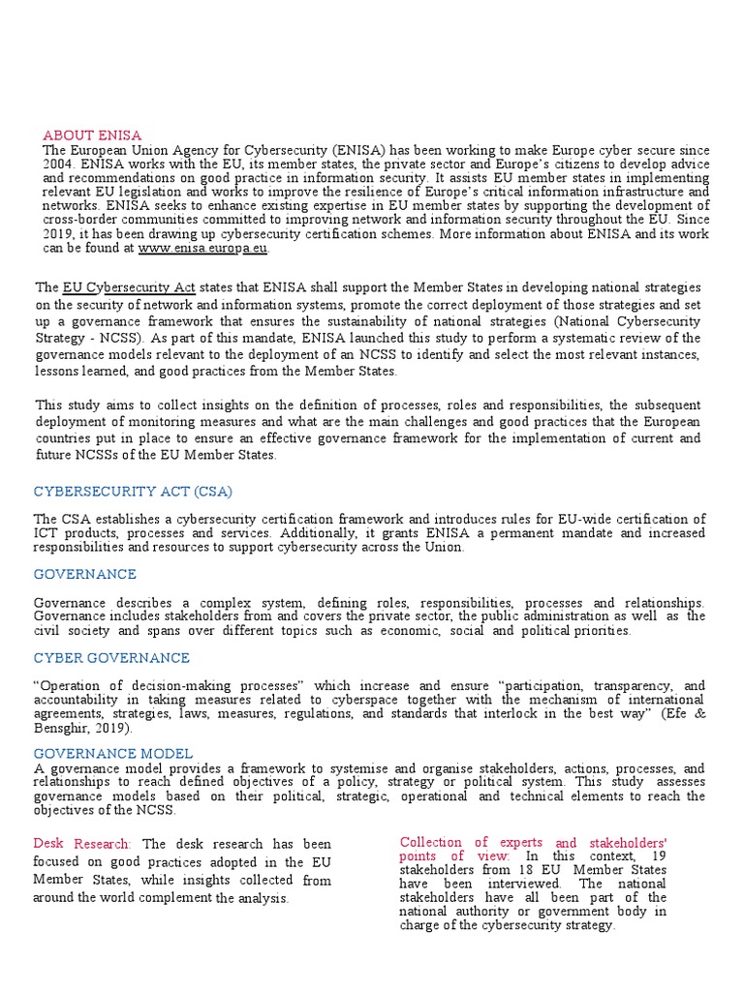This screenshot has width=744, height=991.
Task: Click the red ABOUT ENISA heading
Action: tap(92, 135)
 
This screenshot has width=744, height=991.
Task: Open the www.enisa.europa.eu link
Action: tap(203, 249)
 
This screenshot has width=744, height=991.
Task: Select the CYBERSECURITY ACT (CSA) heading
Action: tap(133, 492)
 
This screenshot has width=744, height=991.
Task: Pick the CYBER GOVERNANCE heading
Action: tap(111, 658)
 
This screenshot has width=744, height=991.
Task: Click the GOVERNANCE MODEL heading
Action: tap(113, 753)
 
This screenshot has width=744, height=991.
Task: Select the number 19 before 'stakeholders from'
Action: tap(658, 856)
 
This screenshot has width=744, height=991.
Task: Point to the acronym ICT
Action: tap(46, 533)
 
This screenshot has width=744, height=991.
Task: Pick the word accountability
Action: tap(78, 699)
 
